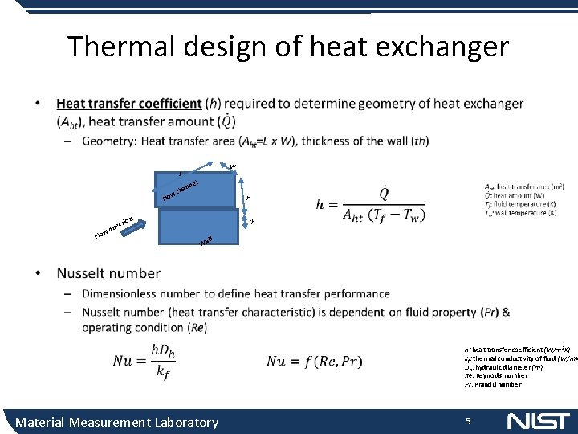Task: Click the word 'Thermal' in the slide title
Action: click(121, 47)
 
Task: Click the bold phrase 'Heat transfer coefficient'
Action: click(128, 104)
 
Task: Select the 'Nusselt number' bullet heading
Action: click(108, 273)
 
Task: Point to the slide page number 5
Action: click(468, 421)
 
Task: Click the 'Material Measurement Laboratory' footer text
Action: click(116, 422)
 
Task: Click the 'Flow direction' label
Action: click(113, 227)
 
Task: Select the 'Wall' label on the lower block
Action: click(206, 240)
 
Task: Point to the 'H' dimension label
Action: click(249, 198)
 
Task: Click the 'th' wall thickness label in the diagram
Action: click(251, 222)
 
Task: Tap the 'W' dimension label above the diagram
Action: click(232, 167)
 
